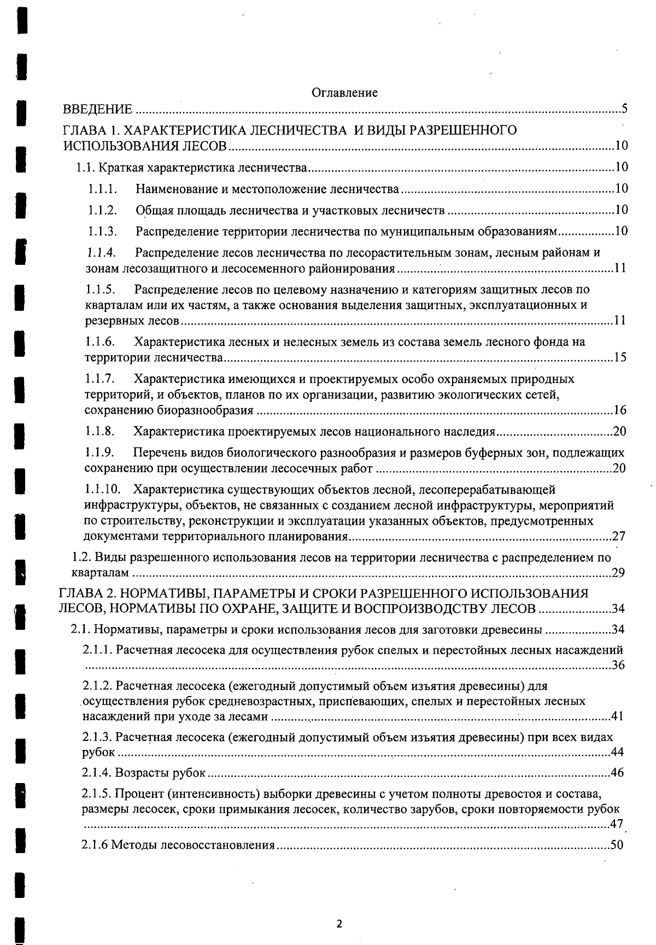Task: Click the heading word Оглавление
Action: (344, 92)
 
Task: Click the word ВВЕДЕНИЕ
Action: (98, 109)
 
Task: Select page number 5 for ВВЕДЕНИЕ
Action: (624, 108)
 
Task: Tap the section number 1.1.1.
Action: (103, 189)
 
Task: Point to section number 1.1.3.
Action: (103, 231)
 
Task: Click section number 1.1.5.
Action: (101, 289)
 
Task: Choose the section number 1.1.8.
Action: (100, 432)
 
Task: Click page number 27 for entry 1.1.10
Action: (618, 536)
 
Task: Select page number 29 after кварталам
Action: (618, 573)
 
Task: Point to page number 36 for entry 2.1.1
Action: (618, 665)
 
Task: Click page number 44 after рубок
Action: (617, 752)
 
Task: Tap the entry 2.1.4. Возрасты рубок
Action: (144, 773)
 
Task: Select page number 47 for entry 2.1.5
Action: (617, 825)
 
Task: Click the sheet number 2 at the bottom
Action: (339, 924)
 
